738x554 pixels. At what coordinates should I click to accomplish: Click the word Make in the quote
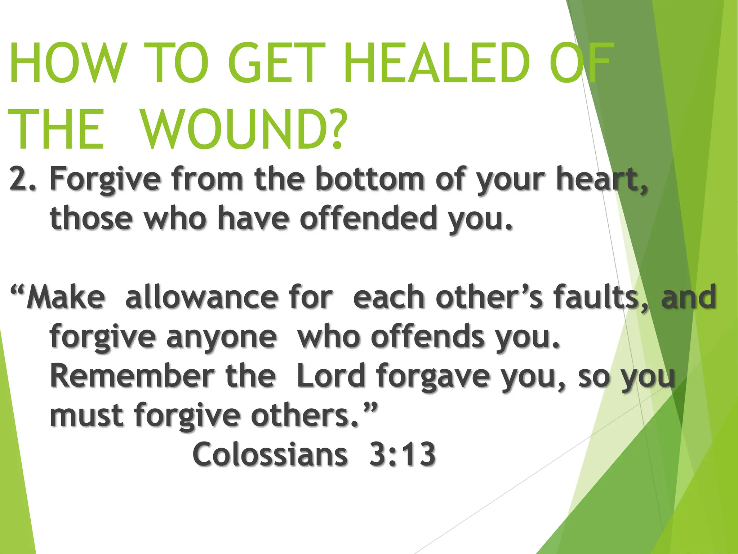point(65,297)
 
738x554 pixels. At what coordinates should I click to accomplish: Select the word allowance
point(201,297)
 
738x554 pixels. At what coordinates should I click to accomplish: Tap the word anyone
point(222,337)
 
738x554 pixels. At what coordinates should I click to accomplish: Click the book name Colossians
point(270,454)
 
